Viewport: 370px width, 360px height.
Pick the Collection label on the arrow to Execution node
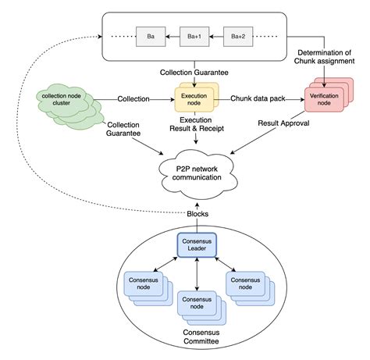[x=134, y=98]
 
